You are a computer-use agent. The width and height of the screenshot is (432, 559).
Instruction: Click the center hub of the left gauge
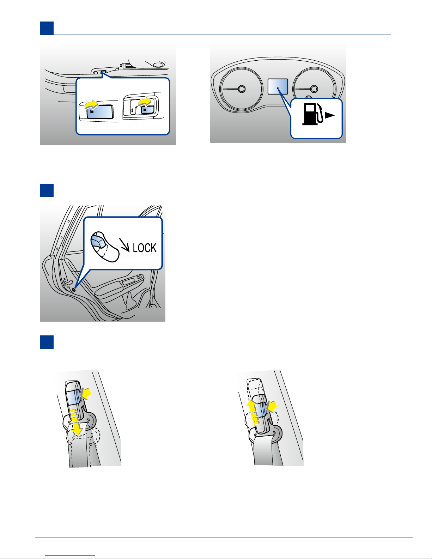(x=242, y=89)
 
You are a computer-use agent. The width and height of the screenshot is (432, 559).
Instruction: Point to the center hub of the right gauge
(x=314, y=89)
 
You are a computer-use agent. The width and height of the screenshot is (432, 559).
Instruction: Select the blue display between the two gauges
(x=278, y=86)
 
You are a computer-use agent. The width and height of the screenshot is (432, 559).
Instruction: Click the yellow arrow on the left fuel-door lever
(x=92, y=104)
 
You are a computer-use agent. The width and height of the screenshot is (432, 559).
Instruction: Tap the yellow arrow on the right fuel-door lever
(x=145, y=101)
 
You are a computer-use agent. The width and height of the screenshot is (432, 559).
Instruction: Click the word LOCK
(x=145, y=248)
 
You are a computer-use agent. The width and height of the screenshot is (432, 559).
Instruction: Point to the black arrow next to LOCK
(x=124, y=245)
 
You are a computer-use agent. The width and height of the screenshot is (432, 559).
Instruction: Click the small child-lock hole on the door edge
(x=74, y=290)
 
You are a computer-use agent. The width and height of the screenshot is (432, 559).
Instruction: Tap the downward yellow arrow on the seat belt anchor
(x=76, y=422)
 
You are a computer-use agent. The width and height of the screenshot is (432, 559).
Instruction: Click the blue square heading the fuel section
(x=47, y=28)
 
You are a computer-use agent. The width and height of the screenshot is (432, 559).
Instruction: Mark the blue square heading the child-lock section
(x=47, y=190)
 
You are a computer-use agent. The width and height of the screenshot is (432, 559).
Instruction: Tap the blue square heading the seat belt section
(x=47, y=342)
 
